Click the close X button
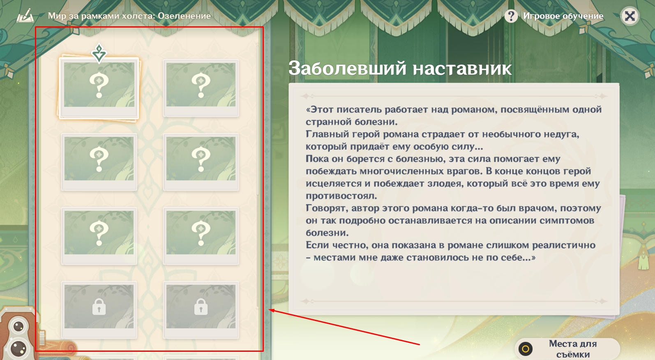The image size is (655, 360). pos(630,16)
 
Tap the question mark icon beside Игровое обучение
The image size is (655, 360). pos(511,16)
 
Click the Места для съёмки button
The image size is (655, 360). pos(567,348)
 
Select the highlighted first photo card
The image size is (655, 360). pos(99,88)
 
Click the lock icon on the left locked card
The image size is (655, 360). pos(99,307)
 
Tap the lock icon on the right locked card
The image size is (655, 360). pos(201,307)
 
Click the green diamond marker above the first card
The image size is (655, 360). pos(99,53)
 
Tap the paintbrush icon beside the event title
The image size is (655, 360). pos(25,16)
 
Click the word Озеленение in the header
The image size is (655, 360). pos(184,16)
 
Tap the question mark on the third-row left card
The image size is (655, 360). pos(99,233)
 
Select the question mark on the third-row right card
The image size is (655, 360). pos(201,233)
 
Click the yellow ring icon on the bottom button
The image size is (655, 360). pos(526,349)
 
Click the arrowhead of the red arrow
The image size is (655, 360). pos(270,310)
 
